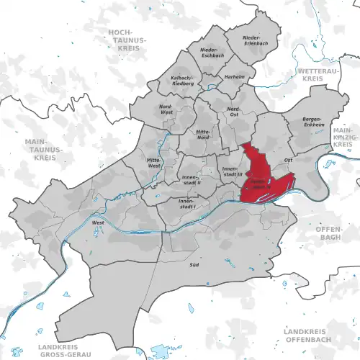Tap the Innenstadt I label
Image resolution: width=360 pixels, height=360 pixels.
point(186,205)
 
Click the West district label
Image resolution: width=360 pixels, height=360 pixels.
point(98,224)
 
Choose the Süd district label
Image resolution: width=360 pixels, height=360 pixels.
point(194,266)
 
